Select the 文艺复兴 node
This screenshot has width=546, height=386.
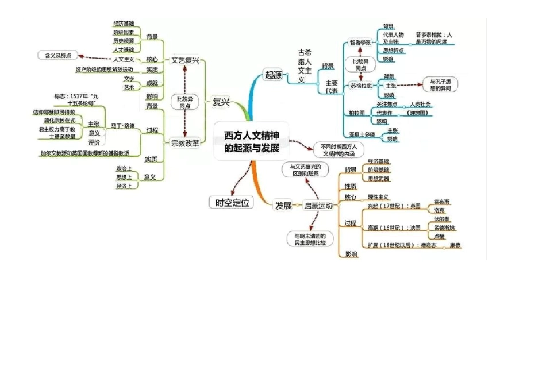[185, 60]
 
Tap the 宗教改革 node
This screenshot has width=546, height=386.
[185, 143]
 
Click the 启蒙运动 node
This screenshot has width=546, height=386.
[318, 206]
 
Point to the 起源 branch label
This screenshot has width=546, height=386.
[273, 74]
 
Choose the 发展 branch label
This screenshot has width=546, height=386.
[283, 205]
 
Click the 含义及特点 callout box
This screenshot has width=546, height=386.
[57, 56]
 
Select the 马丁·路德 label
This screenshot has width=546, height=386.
[122, 125]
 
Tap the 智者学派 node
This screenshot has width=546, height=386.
[360, 43]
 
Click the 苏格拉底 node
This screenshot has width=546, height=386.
[360, 86]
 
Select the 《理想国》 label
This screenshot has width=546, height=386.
[417, 113]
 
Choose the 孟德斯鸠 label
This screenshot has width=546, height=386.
[444, 228]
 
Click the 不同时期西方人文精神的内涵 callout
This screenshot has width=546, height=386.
[339, 150]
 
